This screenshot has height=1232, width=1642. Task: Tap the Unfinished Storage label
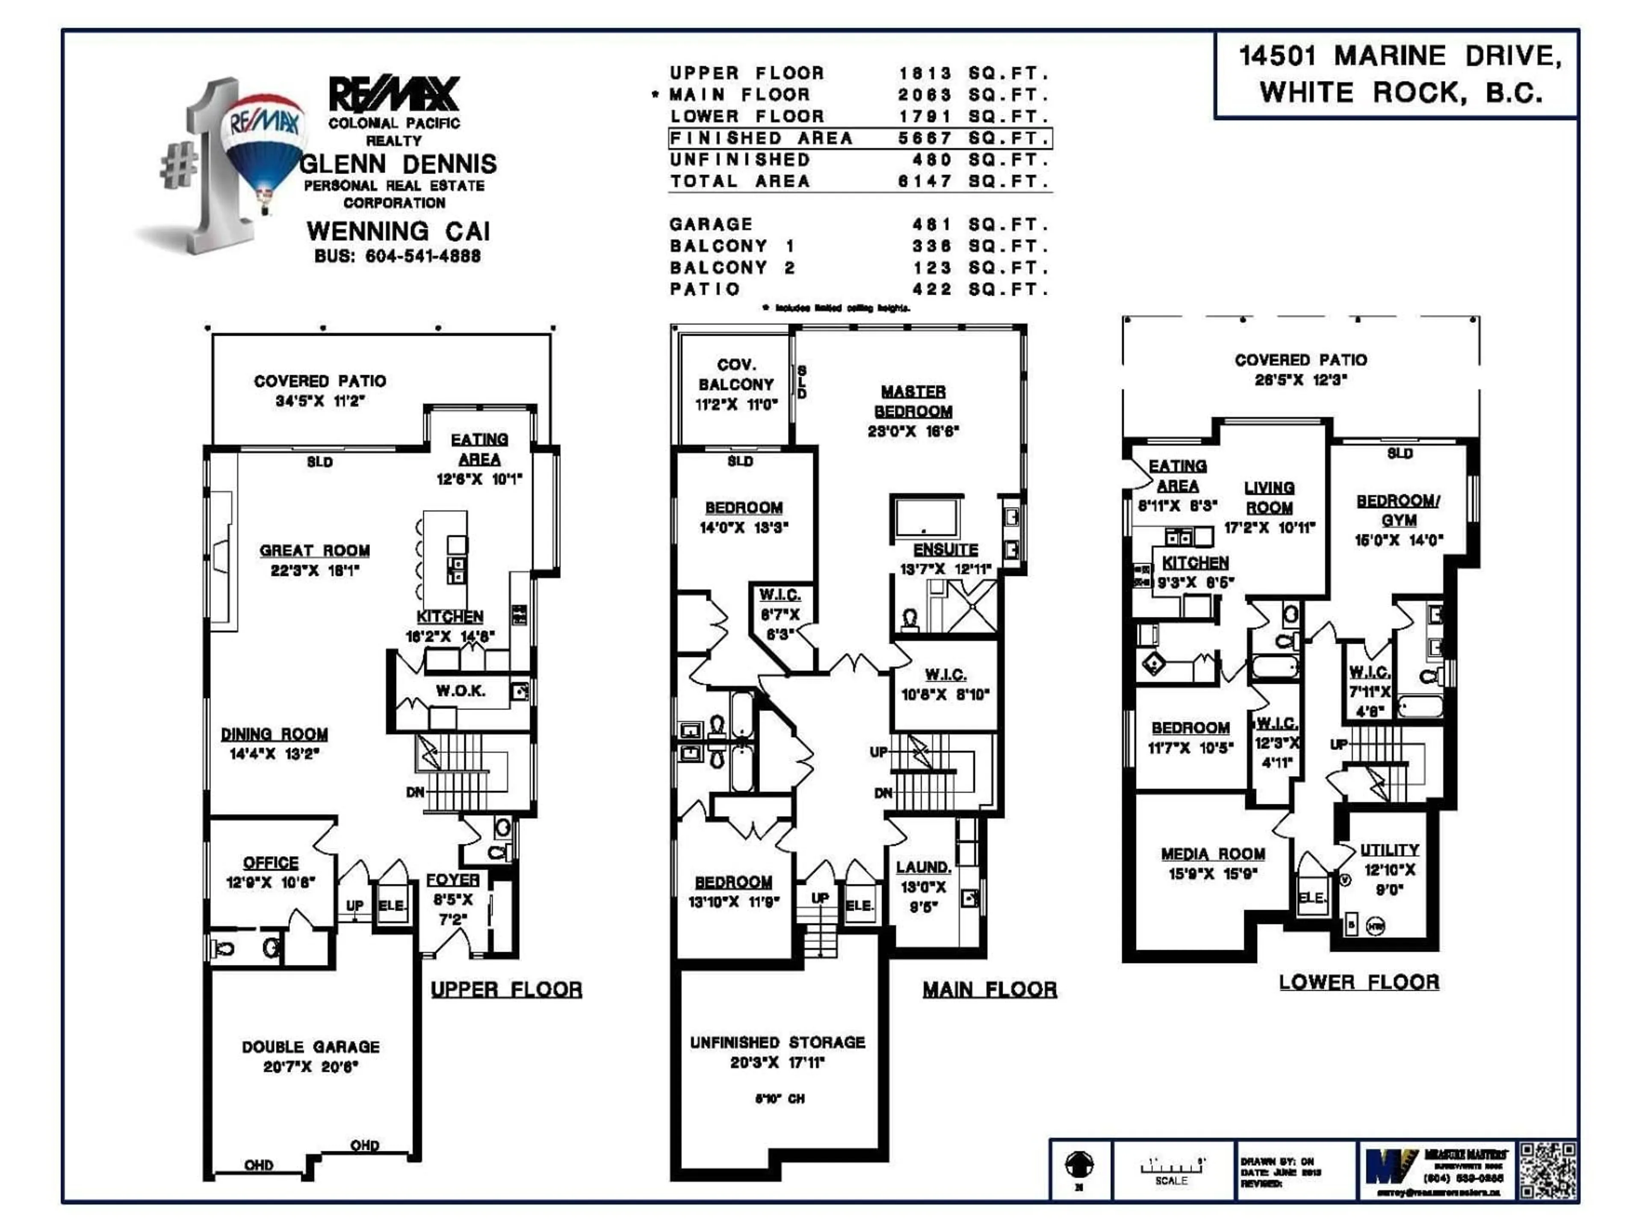(x=777, y=1042)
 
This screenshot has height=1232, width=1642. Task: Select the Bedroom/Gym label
(x=1399, y=511)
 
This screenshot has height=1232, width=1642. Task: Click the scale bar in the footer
(x=1171, y=1169)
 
